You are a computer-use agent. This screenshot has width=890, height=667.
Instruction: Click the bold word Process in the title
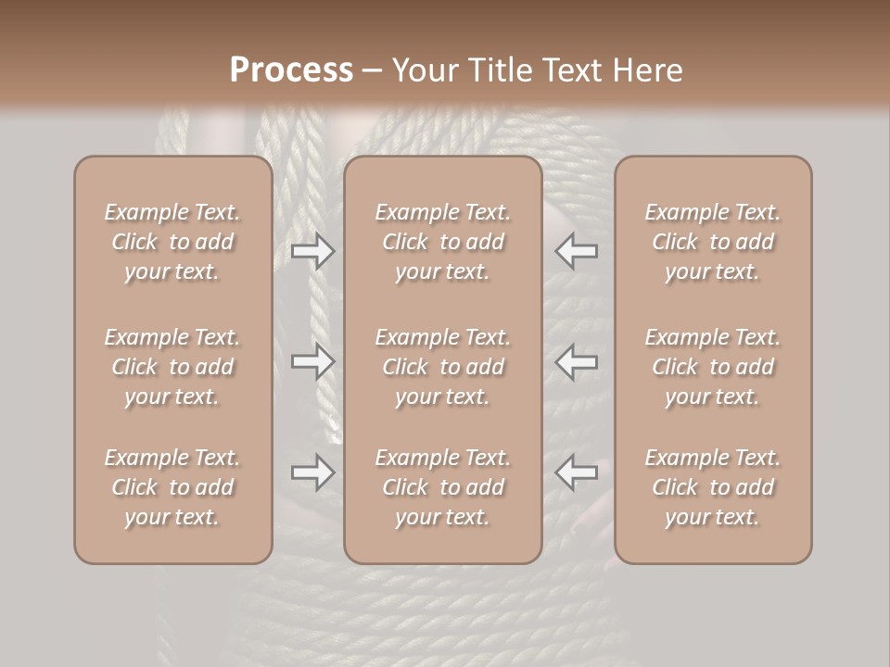coord(291,70)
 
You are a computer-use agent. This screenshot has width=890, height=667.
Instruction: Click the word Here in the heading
coord(648,70)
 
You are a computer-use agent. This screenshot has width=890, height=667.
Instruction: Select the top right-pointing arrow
coord(312,251)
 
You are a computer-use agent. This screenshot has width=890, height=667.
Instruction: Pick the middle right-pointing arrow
coord(312,361)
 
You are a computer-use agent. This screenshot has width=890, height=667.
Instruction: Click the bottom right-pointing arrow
coord(312,472)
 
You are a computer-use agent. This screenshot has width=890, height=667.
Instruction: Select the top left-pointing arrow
coord(577,251)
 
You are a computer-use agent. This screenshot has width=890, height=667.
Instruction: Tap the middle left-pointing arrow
coord(577,361)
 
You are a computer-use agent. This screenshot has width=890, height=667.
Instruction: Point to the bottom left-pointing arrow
coord(577,472)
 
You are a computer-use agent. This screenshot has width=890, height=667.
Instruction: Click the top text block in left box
coord(172,242)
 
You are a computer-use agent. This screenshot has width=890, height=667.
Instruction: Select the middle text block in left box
coord(172,367)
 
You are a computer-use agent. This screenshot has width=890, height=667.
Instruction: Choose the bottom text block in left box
coord(172,487)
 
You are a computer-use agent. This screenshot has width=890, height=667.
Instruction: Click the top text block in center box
coord(443,242)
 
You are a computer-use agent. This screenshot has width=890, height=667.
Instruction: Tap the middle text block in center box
coord(443,367)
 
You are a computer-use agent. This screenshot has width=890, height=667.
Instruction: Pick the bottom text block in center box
coord(443,487)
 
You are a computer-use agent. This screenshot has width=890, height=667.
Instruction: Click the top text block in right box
coord(713,242)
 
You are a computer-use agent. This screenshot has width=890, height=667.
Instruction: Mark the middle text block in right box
coord(713,367)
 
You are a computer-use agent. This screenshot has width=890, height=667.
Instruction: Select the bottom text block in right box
coord(713,487)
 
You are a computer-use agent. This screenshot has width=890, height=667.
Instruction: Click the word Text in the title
coord(570,70)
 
